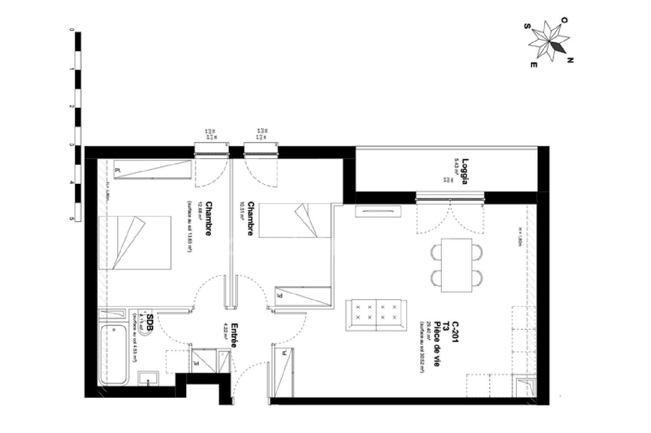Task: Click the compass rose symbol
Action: pos(549,42)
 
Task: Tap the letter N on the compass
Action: pos(570,61)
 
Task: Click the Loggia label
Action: pos(465,172)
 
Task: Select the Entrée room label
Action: pos(233,335)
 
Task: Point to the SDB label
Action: pos(150,323)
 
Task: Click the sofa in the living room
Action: pos(376,315)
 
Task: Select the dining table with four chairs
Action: pos(456,265)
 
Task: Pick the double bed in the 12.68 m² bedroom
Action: pos(135,243)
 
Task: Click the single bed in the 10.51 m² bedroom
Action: pos(295,221)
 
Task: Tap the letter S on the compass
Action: pos(526,26)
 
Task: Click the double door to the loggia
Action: pos(450,217)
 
